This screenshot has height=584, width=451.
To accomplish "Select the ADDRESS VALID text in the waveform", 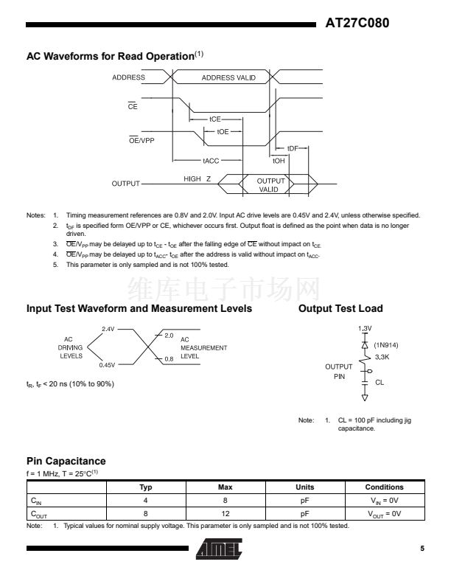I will (228, 77).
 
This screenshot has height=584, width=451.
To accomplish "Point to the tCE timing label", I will (215, 119).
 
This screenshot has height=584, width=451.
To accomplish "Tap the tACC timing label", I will (211, 160).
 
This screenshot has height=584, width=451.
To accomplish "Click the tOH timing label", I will (279, 160).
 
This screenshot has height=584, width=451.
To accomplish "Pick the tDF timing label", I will (293, 148).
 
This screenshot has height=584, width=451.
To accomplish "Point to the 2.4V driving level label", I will (108, 330).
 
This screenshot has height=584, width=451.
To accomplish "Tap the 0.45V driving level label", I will (108, 364).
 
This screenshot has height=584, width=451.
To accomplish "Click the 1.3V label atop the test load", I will (364, 327).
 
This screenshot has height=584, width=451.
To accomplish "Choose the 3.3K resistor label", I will (382, 356).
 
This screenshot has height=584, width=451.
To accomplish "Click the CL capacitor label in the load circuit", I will (380, 383).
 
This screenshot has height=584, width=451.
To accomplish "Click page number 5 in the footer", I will (422, 549).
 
